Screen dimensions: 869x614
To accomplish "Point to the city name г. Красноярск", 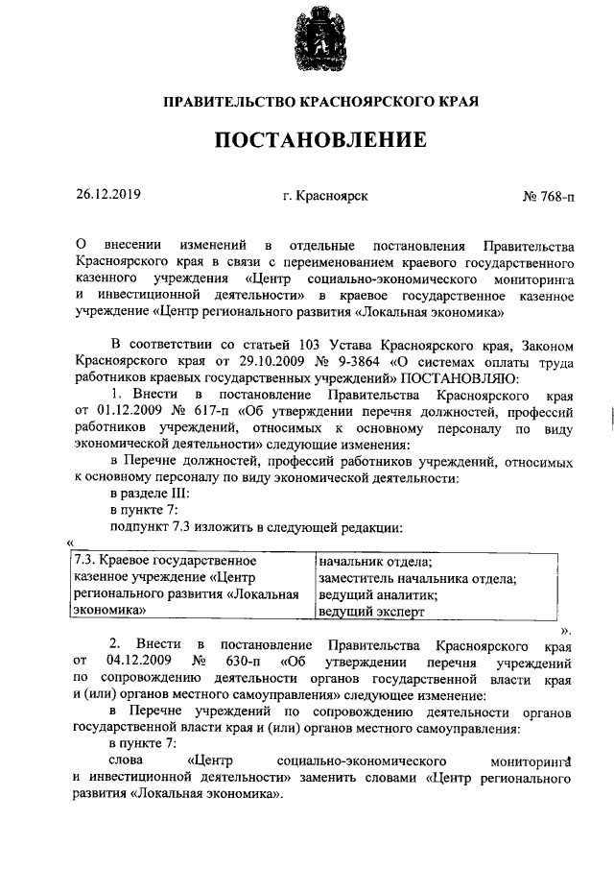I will [x=324, y=195].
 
